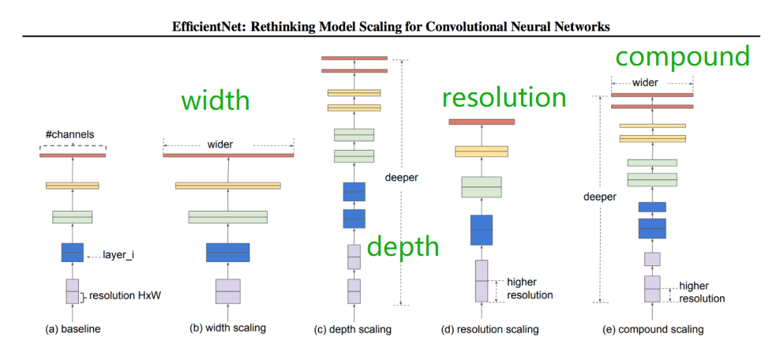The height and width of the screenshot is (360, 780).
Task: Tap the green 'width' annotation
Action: [x=215, y=101]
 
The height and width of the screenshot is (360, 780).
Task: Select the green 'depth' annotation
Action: [x=402, y=246]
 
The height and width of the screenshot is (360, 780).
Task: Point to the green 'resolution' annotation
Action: [x=504, y=98]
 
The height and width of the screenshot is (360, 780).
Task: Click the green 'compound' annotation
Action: [x=682, y=57]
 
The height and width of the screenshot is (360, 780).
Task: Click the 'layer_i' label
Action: [x=118, y=255]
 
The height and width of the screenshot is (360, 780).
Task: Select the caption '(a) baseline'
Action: [x=72, y=328]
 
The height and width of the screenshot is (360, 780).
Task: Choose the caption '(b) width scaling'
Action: [x=227, y=328]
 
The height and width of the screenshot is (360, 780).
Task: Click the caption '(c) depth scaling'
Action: [x=354, y=329]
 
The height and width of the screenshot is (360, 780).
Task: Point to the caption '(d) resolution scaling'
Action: [x=489, y=329]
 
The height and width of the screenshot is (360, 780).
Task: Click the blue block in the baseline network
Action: [x=72, y=253]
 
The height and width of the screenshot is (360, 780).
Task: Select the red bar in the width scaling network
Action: [x=227, y=156]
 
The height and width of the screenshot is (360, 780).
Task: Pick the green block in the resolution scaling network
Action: [x=482, y=187]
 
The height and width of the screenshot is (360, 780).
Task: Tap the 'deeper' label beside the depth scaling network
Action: [x=401, y=178]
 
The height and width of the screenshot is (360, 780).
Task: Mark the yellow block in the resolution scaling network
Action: [x=482, y=152]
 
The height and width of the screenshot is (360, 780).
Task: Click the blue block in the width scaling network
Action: [x=227, y=253]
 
